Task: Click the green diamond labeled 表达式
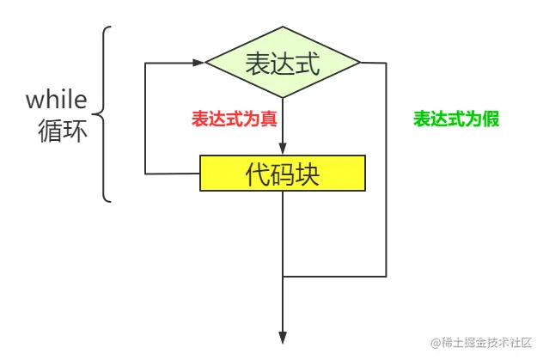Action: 283,62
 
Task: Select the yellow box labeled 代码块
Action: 283,174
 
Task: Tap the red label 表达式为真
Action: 234,119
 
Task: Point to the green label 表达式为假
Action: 456,119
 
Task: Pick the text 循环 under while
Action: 63,131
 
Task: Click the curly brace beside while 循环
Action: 106,114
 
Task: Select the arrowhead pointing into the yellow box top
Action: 283,150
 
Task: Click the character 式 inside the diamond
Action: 307,63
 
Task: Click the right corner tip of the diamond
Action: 360,62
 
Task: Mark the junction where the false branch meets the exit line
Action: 283,277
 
